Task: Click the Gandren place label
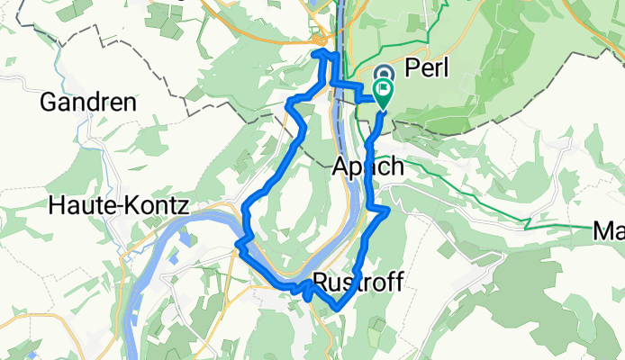click(88, 103)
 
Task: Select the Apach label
click(367, 167)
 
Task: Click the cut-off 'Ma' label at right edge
click(609, 232)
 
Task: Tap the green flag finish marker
click(385, 91)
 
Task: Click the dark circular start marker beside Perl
click(382, 75)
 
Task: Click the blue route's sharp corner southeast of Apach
click(388, 211)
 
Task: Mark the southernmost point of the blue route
click(337, 308)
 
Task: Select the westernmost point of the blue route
click(237, 242)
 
